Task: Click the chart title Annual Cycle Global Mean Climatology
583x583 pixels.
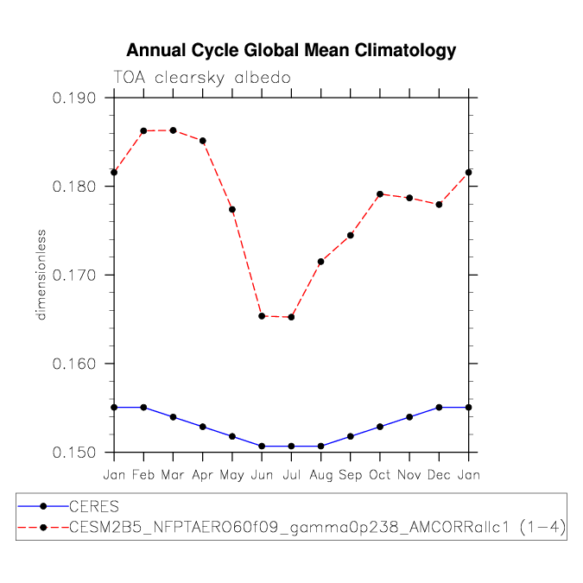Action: (x=291, y=51)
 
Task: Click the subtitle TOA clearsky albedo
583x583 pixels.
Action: (x=202, y=78)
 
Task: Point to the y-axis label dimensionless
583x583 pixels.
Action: (x=41, y=275)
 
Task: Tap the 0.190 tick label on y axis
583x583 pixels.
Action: (x=77, y=98)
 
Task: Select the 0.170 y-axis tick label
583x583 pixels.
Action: (x=77, y=275)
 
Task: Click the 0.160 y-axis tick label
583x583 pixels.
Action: (x=77, y=364)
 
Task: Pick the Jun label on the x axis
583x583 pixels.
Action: (x=262, y=475)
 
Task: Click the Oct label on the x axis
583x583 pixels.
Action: (x=380, y=475)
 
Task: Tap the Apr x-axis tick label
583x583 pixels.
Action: (x=202, y=475)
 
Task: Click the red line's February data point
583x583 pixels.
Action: (x=143, y=130)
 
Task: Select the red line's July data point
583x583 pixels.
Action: (x=291, y=317)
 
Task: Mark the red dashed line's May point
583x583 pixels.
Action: (x=232, y=210)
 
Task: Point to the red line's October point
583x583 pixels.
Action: (x=380, y=194)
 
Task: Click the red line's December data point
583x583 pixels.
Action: (x=440, y=205)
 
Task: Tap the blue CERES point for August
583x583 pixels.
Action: (x=321, y=447)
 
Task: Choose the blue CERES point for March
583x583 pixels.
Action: (x=173, y=417)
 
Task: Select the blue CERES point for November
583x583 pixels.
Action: (x=409, y=417)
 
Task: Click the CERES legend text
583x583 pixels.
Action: (x=93, y=506)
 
